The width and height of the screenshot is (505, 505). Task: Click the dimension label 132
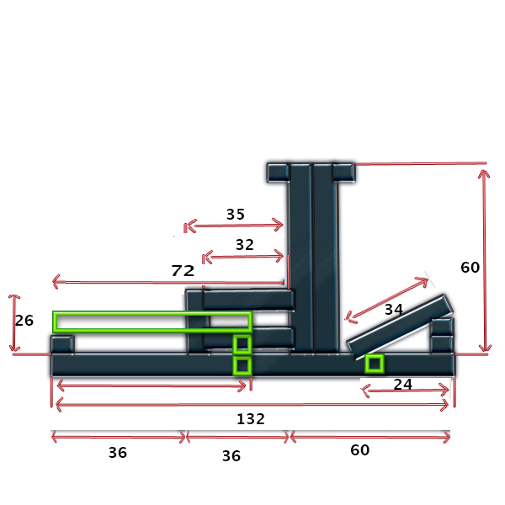point(251,418)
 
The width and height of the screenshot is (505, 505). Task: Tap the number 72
point(183,270)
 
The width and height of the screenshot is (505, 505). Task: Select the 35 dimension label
point(236,214)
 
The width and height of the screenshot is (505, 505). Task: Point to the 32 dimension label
point(244,245)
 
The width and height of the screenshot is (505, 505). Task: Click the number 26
point(24,321)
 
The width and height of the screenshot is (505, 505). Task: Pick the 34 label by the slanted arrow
point(394,310)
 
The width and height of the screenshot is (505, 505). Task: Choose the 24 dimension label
point(402,385)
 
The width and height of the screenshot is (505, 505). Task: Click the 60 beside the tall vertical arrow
point(470,268)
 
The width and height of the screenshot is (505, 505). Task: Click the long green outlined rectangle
point(152,312)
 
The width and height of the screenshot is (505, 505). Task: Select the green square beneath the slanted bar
point(375,355)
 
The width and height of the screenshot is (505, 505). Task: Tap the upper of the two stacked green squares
point(242,336)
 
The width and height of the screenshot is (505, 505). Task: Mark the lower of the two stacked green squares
point(242,358)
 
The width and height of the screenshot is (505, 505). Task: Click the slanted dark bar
point(400,327)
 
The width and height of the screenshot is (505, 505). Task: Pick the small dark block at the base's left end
point(62,344)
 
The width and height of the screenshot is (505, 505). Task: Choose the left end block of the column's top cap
point(278,173)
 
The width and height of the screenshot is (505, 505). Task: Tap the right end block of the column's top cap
point(343,173)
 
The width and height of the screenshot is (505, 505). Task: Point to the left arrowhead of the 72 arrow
point(56,281)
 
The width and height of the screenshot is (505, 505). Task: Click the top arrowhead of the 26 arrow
point(13,296)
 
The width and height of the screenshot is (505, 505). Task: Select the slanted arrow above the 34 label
point(386,299)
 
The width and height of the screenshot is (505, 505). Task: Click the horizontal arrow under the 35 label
point(233,226)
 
